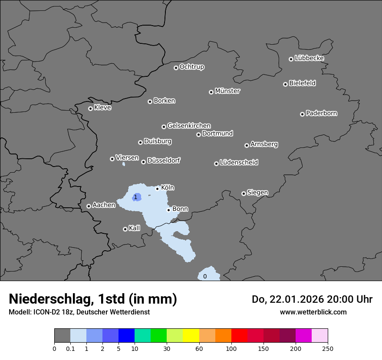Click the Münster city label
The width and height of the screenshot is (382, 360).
[227, 91]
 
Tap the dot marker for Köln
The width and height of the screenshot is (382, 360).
[157, 189]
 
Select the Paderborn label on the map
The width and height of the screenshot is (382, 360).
[322, 113]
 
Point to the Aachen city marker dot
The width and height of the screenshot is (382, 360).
[89, 206]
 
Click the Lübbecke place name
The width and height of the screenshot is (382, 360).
[309, 58]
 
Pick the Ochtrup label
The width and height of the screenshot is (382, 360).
[192, 67]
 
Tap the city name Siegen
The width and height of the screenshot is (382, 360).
[257, 193]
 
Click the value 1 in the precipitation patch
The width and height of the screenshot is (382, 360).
[135, 197]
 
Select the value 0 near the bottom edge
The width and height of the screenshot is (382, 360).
[205, 276]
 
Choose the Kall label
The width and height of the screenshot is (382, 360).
[135, 228]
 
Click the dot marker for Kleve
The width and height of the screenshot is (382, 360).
[90, 108]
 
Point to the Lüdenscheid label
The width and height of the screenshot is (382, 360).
[239, 163]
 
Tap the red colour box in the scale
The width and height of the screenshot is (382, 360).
[239, 336]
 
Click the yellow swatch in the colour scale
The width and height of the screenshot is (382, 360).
[191, 336]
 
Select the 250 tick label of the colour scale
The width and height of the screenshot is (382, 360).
[328, 348]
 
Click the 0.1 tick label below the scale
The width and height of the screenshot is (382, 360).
[70, 348]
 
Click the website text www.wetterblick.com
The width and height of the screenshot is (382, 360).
[313, 312]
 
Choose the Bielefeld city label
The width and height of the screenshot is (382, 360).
[302, 83]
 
